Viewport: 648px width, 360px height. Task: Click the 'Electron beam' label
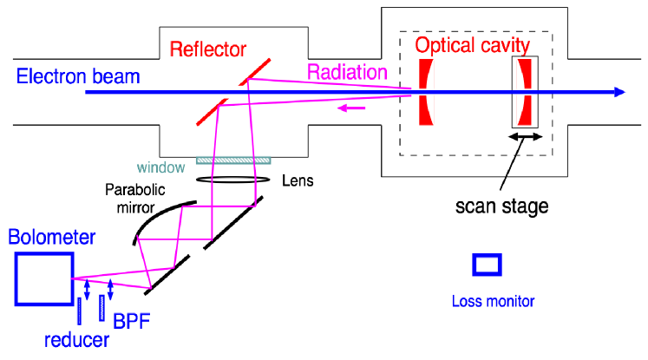tap(77, 76)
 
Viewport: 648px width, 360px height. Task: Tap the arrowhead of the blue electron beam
tap(618, 92)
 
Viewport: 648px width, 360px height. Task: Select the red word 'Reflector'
tap(209, 49)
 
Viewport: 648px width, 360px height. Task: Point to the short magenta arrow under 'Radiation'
tap(350, 108)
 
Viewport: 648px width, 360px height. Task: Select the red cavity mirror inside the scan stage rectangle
tap(525, 91)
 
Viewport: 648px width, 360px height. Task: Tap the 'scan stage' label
tap(504, 206)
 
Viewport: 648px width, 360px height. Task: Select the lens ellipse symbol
tap(232, 180)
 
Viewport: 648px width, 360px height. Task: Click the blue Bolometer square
tap(43, 278)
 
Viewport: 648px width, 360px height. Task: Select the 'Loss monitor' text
tap(493, 302)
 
